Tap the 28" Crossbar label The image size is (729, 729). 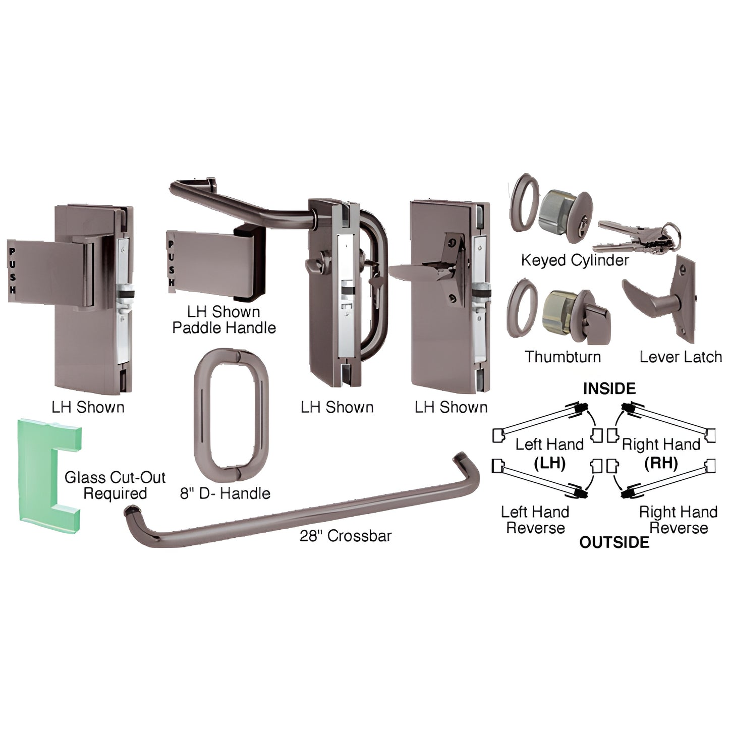tap(346, 536)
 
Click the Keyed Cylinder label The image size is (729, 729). tap(575, 260)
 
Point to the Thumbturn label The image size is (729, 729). tap(563, 357)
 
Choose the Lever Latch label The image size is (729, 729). tap(681, 357)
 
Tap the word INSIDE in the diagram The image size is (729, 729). tap(609, 389)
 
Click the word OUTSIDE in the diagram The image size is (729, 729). tap(614, 542)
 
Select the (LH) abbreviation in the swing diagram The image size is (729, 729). tap(549, 463)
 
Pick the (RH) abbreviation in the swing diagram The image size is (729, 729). tap(661, 463)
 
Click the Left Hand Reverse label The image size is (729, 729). tap(535, 520)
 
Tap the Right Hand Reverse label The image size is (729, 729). tap(678, 520)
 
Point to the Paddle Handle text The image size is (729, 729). tap(224, 328)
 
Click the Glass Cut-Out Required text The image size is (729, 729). tap(115, 485)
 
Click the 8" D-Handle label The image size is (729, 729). tap(225, 493)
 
